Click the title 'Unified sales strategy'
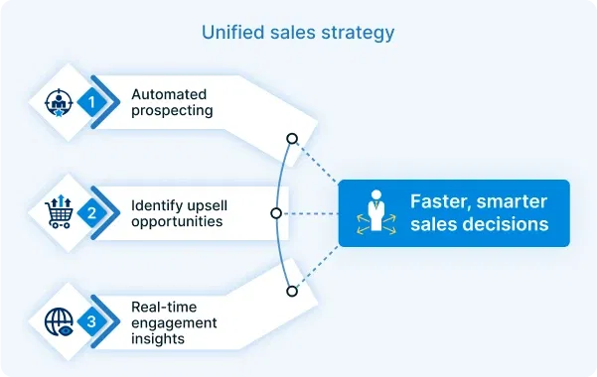click(x=298, y=33)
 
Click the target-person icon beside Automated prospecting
click(x=60, y=101)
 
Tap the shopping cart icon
click(x=60, y=211)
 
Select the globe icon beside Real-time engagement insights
click(x=60, y=321)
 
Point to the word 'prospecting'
click(x=172, y=111)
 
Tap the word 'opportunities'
click(x=177, y=221)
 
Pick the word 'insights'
click(x=158, y=339)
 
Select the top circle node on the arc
click(x=291, y=138)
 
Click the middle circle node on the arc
click(x=276, y=212)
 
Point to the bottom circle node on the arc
click(x=291, y=291)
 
